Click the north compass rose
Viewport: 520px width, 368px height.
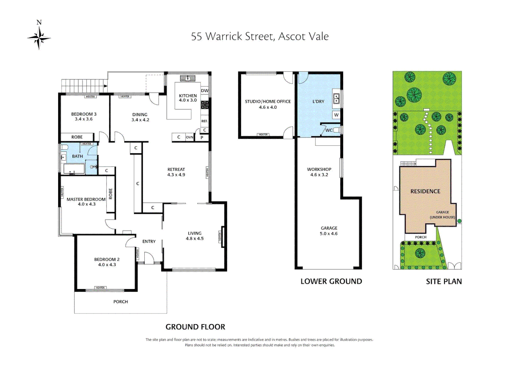(39, 37)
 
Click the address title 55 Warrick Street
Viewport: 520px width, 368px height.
(260, 36)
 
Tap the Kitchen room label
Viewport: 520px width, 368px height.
(188, 96)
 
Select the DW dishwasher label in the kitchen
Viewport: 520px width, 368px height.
(205, 91)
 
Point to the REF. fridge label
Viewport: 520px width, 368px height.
(204, 121)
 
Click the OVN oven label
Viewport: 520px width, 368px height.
(190, 137)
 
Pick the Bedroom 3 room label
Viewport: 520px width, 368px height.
(84, 114)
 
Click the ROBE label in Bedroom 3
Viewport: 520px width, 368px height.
(77, 137)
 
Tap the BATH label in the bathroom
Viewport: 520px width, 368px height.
(77, 156)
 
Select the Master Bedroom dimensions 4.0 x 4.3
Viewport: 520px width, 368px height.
(87, 204)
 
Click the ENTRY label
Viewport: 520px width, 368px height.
(149, 242)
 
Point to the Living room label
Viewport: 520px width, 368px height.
(195, 233)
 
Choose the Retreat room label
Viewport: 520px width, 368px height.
(176, 169)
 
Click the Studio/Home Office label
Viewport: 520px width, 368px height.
(268, 102)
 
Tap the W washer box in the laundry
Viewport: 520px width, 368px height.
(336, 115)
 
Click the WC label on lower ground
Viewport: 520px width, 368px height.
(329, 130)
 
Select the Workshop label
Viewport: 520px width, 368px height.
(319, 169)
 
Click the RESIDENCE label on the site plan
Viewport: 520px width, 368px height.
(425, 191)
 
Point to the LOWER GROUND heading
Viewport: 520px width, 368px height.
(331, 281)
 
